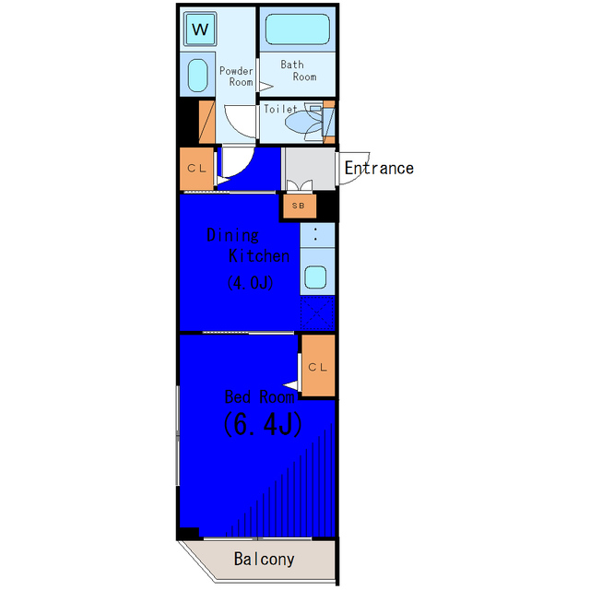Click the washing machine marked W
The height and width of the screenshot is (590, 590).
[x=200, y=29]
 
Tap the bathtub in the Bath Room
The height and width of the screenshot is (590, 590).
[x=297, y=29]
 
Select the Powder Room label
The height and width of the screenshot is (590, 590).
[x=236, y=77]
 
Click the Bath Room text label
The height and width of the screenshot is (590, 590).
[x=299, y=71]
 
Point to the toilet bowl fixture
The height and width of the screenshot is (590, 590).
[x=303, y=121]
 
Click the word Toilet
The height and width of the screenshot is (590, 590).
[x=280, y=109]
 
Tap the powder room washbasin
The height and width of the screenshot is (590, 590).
[x=197, y=76]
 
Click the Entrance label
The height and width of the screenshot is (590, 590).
[x=379, y=168]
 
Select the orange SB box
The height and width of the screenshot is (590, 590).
[x=299, y=206]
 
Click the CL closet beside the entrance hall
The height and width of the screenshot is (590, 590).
[x=196, y=169]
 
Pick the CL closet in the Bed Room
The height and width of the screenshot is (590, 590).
[x=318, y=366]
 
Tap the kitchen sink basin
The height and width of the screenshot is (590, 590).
[x=315, y=277]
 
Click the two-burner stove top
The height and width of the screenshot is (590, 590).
[x=317, y=235]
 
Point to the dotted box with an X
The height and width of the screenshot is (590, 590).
[x=317, y=313]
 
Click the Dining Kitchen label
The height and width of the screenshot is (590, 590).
[x=248, y=246]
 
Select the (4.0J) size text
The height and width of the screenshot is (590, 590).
[x=250, y=283]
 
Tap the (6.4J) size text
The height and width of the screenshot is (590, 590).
[x=263, y=424]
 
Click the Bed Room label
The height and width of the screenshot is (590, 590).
[x=260, y=397]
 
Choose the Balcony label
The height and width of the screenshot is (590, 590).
[x=265, y=560]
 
